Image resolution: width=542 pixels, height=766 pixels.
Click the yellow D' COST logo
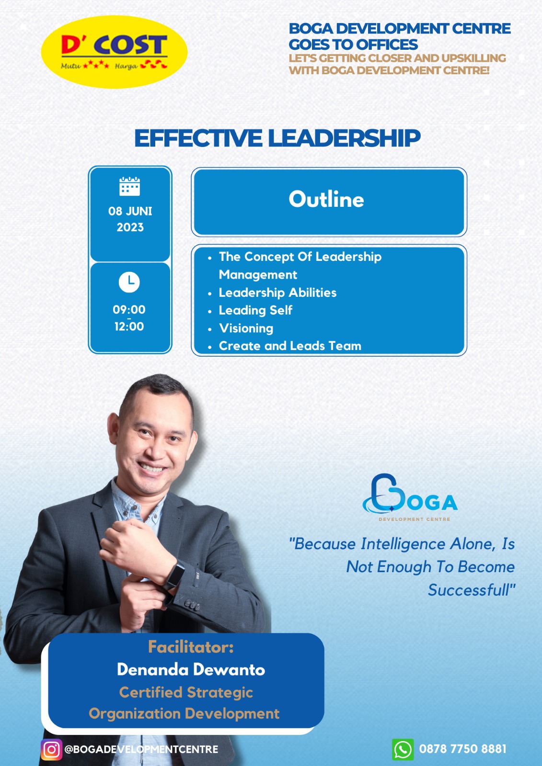point(115,52)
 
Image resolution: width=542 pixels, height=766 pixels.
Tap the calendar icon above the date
point(129,186)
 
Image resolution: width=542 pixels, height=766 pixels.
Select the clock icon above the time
point(129,282)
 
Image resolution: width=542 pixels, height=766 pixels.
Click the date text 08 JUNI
point(130,211)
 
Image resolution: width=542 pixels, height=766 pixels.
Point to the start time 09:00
point(129,309)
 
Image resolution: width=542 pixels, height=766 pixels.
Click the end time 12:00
point(129,327)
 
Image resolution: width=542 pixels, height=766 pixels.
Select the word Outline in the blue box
point(326,199)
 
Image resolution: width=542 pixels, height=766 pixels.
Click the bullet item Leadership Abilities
point(277,293)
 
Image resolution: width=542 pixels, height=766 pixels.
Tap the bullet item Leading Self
point(255,310)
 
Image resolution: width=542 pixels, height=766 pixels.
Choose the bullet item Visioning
point(246,328)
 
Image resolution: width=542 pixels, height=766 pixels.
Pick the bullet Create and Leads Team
point(290,346)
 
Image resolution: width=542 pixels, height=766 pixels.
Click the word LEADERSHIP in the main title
point(344,138)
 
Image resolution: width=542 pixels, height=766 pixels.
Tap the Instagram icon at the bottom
point(52,750)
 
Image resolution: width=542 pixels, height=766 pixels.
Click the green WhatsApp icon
point(403,750)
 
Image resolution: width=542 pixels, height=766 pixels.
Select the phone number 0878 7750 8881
point(462,749)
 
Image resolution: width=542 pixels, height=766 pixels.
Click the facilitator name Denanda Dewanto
point(191,669)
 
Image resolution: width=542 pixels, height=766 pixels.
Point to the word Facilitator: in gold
point(191,647)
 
